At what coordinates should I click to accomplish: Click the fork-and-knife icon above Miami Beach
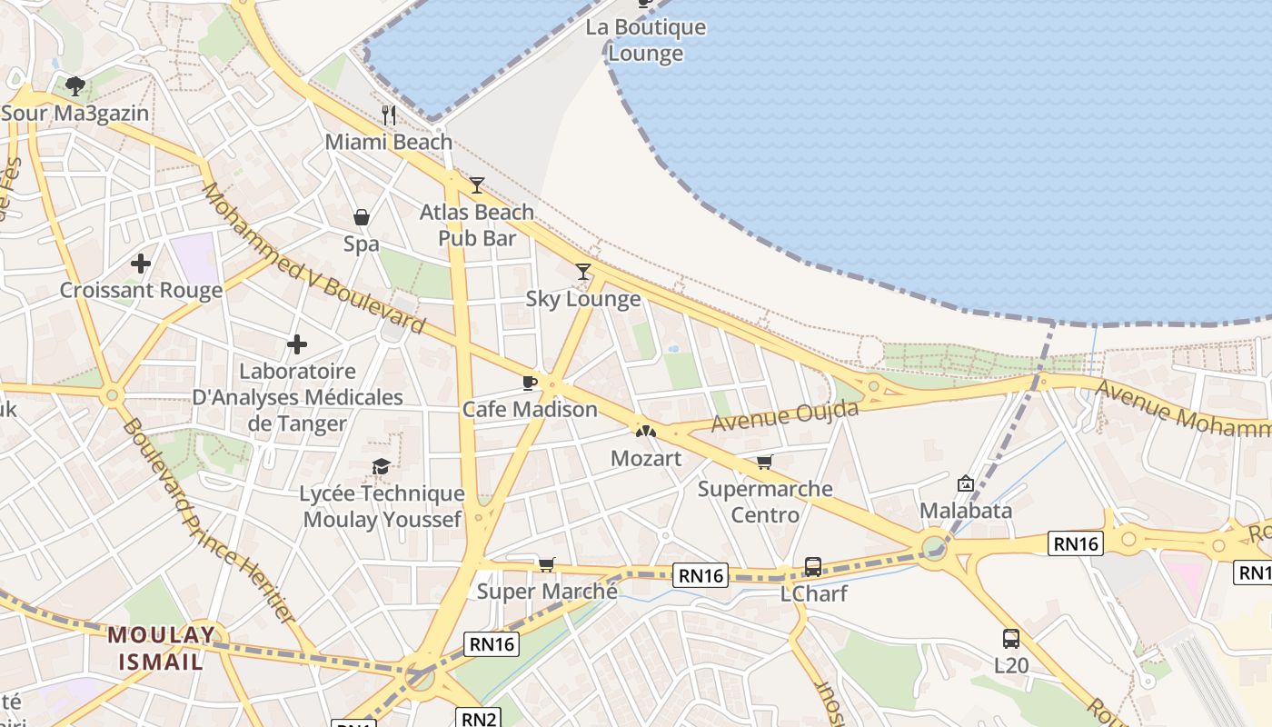click(389, 115)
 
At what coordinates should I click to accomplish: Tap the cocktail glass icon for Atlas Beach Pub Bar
click(477, 185)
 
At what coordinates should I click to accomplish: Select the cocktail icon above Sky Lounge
click(583, 272)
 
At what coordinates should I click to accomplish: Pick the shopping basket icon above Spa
click(362, 217)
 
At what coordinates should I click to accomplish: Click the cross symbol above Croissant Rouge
click(141, 264)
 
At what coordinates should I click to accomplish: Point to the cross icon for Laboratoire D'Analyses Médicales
click(296, 344)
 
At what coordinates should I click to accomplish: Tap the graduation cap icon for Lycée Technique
click(382, 467)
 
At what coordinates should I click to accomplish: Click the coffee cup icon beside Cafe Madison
click(531, 383)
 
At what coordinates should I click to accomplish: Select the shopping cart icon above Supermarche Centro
click(765, 463)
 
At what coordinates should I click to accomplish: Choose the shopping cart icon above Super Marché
click(547, 565)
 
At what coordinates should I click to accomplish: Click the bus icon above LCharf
click(813, 567)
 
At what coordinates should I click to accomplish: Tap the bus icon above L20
click(1011, 638)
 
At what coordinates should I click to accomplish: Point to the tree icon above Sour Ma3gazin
click(75, 86)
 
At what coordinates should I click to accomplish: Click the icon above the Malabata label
click(966, 483)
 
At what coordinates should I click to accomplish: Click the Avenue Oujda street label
click(784, 416)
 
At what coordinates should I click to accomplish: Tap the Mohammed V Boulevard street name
click(313, 258)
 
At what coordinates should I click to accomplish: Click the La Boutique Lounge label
click(645, 40)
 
